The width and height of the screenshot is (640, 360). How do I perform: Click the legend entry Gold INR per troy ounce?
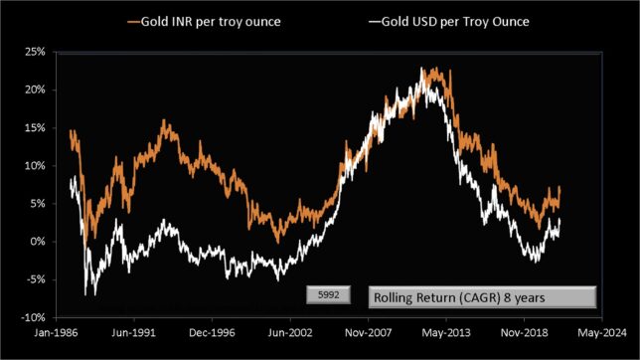point(204,20)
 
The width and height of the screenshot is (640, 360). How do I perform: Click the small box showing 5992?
point(326,295)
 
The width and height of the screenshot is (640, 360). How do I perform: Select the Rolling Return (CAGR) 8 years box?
point(482,296)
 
